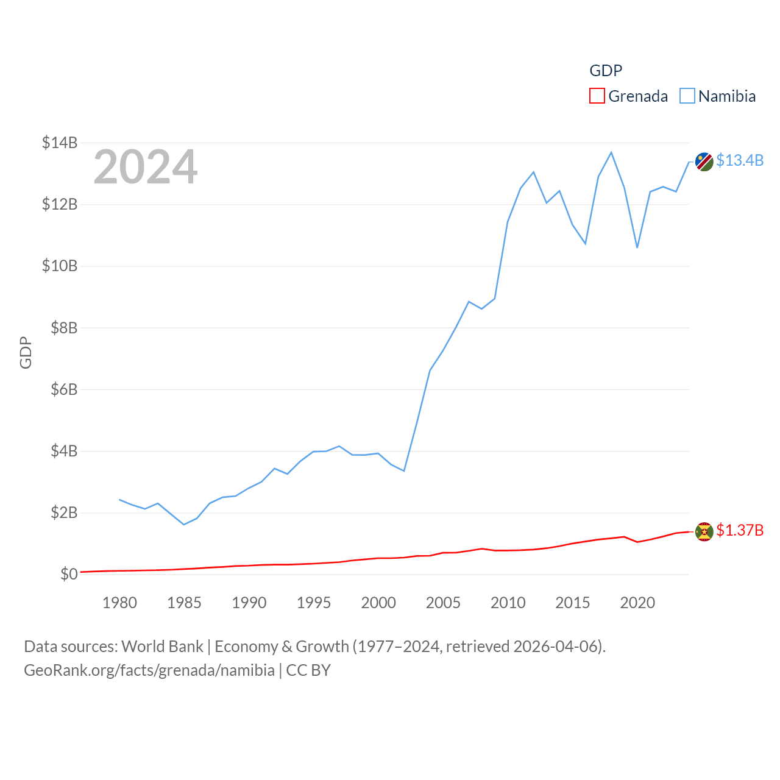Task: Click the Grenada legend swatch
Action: (597, 96)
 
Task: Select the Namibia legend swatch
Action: (687, 96)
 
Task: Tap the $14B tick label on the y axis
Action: (60, 143)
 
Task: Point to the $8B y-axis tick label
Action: (64, 328)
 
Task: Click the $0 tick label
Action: (69, 574)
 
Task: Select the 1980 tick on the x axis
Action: (119, 603)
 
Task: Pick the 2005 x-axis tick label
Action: (443, 603)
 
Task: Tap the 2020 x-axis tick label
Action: (637, 603)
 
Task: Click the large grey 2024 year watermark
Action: (145, 167)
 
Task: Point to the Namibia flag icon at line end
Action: (704, 161)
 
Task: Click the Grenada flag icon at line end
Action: (704, 531)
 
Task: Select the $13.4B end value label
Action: (739, 160)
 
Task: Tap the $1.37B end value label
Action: (739, 530)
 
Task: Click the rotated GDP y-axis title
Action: (26, 352)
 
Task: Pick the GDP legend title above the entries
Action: (606, 71)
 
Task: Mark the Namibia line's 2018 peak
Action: (611, 152)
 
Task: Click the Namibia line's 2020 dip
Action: (637, 247)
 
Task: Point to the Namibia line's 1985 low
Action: (184, 524)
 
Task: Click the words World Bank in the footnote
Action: (162, 646)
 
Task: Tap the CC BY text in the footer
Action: (308, 670)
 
